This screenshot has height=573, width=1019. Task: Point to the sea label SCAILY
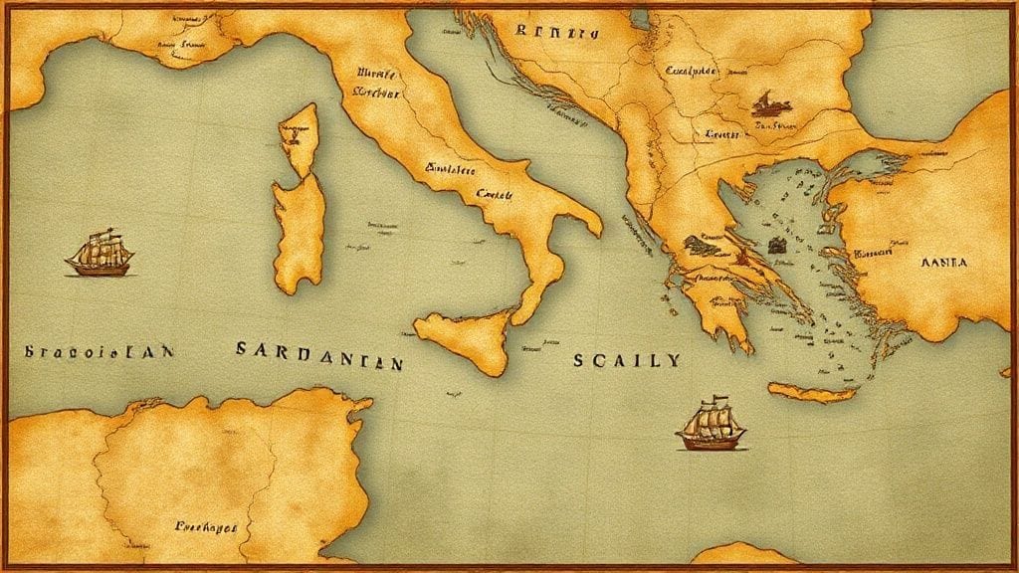tap(626, 359)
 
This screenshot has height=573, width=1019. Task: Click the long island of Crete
tap(812, 393)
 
